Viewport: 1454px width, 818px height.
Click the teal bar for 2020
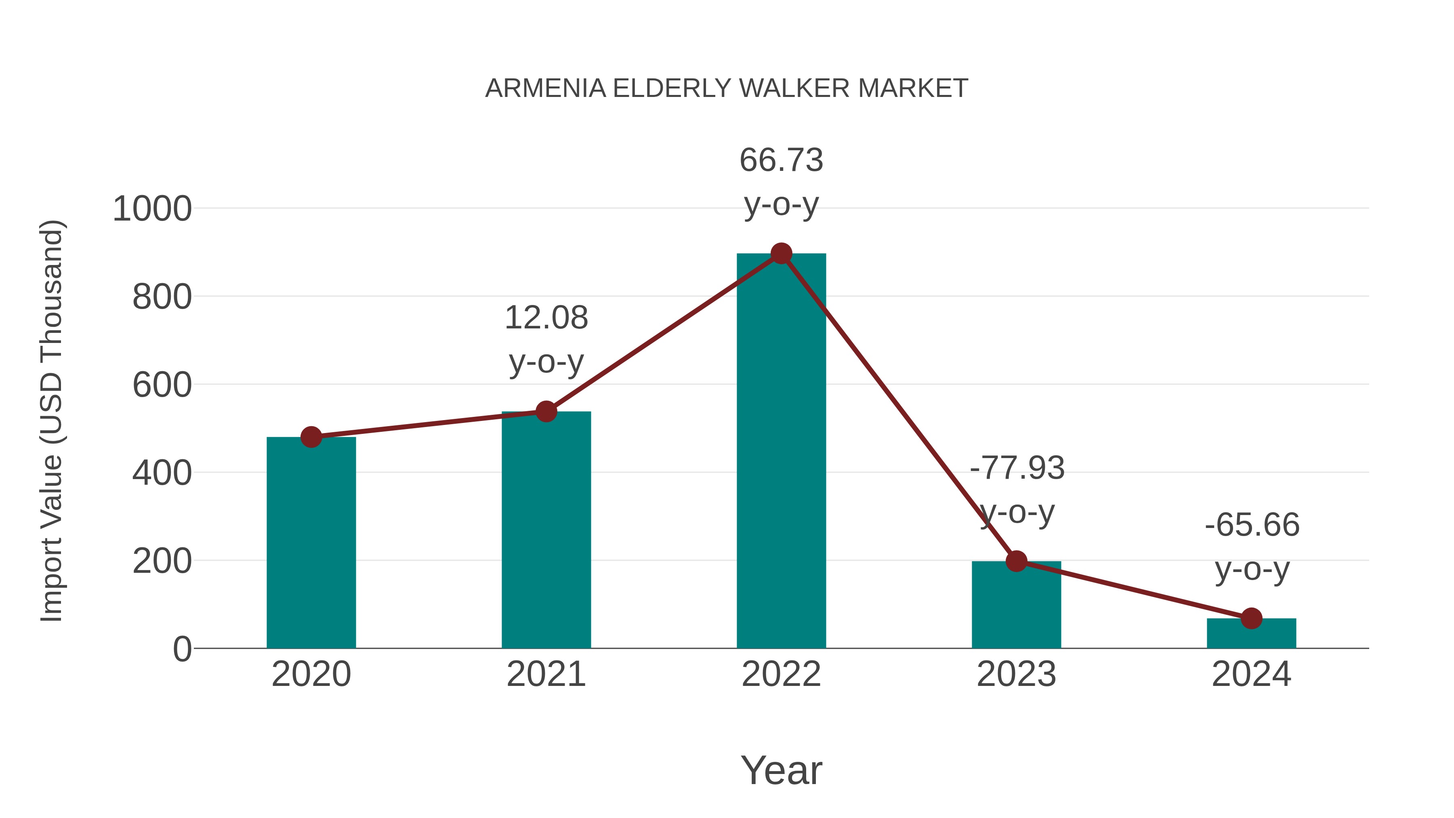[x=311, y=542]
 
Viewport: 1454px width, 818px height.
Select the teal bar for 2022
[x=781, y=452]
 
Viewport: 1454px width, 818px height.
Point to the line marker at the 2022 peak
[x=781, y=254]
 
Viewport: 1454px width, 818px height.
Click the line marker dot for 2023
[x=1016, y=561]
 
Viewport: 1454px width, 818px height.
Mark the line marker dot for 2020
[x=311, y=437]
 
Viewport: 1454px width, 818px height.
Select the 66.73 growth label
[x=781, y=160]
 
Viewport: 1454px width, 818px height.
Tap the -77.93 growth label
[x=1017, y=469]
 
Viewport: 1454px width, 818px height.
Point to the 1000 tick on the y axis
[x=152, y=209]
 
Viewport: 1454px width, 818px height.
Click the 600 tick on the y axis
[x=162, y=386]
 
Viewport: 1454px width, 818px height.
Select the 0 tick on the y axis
[x=182, y=649]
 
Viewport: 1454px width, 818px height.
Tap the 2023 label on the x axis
[x=1016, y=674]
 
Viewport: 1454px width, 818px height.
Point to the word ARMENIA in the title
[x=545, y=88]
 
